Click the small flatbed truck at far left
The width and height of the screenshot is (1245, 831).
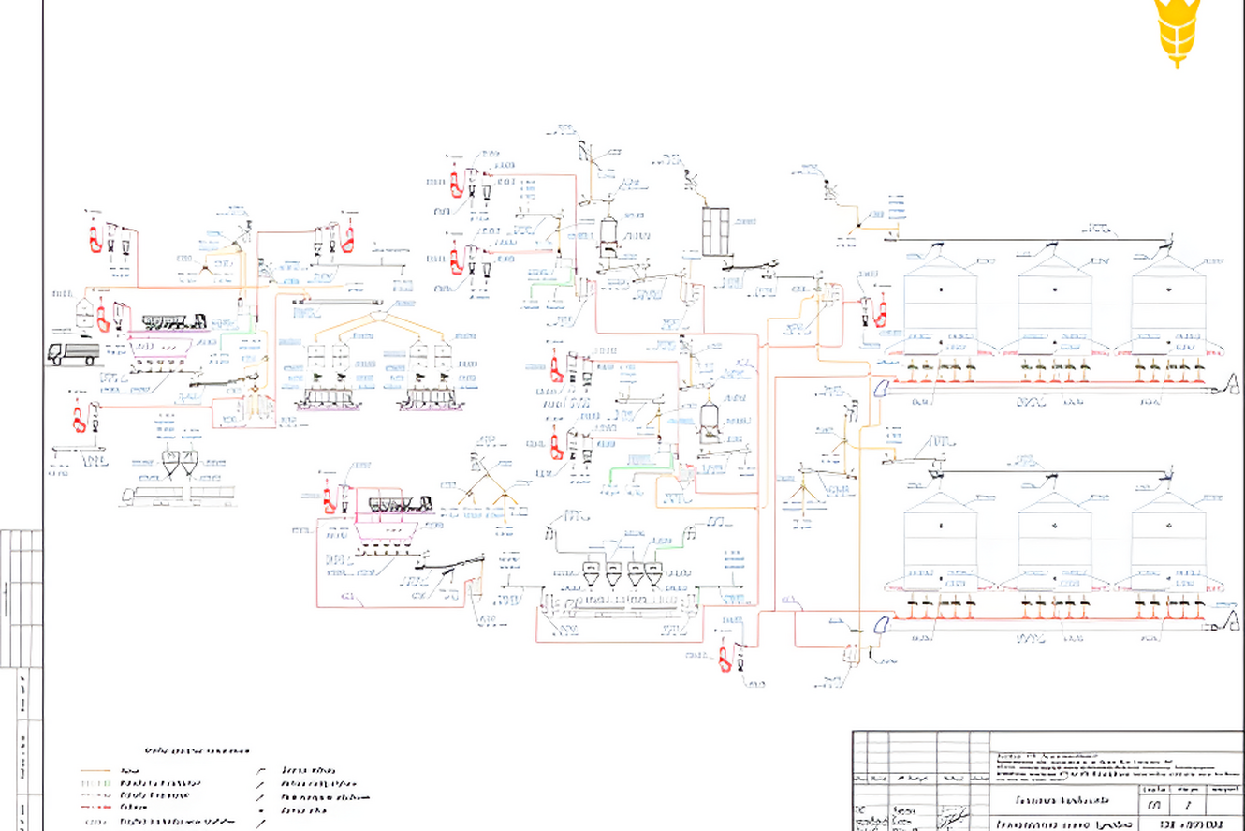73,353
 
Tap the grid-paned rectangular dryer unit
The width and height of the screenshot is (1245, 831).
715,230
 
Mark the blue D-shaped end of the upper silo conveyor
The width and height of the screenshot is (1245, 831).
881,387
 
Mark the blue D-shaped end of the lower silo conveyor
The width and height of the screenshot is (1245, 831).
881,624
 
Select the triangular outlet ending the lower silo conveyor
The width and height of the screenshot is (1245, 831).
1233,619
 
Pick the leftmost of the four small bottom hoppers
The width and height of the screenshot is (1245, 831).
592,575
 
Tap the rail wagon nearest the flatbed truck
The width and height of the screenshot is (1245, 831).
174,322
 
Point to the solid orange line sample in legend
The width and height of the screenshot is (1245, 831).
95,771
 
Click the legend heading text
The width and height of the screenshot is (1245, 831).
197,750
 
